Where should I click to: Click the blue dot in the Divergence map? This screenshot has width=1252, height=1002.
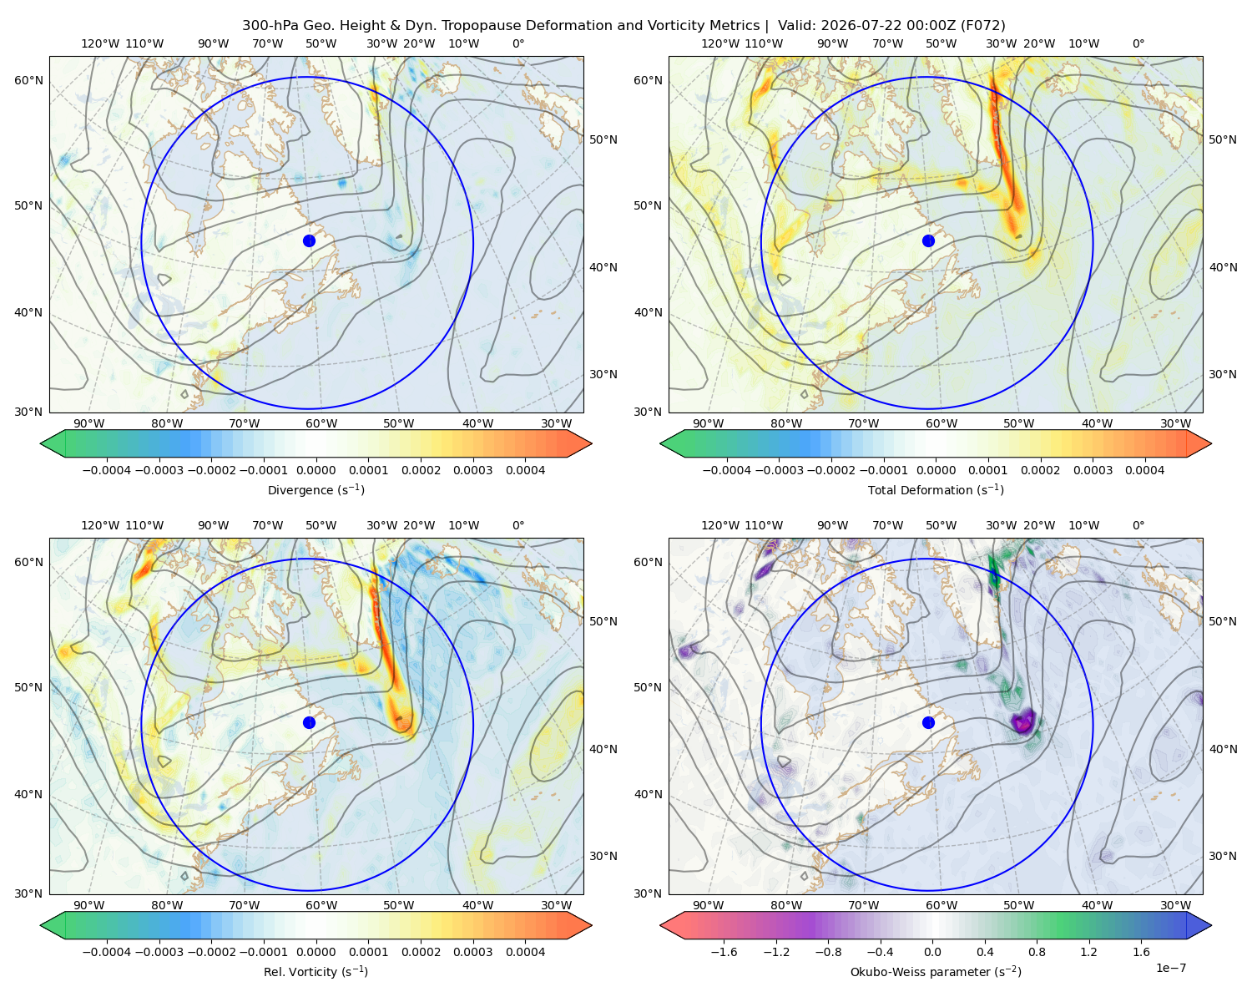(309, 241)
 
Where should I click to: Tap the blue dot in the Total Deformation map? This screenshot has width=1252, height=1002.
(928, 241)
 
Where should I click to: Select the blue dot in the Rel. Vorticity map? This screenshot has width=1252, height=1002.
(309, 722)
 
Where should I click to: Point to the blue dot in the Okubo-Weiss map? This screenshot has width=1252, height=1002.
(928, 722)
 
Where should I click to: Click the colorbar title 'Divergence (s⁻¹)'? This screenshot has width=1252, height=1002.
(316, 490)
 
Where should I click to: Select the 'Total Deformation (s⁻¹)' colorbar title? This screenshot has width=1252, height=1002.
(936, 490)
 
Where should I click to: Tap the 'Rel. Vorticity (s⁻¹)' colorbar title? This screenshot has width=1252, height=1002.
(316, 972)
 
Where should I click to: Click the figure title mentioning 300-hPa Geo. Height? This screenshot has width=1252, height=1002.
(623, 26)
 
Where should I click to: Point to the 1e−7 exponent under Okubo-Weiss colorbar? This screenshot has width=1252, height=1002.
(1170, 969)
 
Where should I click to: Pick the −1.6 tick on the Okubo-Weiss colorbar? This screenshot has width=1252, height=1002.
(724, 952)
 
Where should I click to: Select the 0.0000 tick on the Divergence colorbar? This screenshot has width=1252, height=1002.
(316, 470)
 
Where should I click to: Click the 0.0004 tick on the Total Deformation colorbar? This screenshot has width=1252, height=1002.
(1145, 470)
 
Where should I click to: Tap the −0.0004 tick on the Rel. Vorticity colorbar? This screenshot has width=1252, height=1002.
(107, 952)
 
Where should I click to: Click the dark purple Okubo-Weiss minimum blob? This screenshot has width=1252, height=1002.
(1022, 721)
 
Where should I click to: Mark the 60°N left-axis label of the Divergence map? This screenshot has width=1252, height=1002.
(28, 80)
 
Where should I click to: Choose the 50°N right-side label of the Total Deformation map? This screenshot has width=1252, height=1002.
(1223, 139)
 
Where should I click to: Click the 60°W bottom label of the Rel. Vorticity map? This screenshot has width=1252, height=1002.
(321, 905)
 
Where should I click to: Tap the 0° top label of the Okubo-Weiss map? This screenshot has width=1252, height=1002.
(1138, 525)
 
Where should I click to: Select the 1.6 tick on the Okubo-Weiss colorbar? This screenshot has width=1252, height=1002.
(1142, 952)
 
